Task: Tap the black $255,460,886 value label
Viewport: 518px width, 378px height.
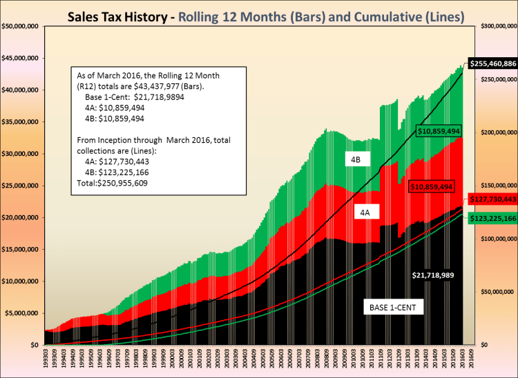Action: point(492,63)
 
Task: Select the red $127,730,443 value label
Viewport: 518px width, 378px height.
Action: point(492,199)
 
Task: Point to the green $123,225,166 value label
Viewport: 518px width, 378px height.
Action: point(492,218)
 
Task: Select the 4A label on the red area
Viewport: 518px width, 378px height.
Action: point(364,214)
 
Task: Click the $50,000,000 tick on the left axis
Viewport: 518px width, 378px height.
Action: point(21,26)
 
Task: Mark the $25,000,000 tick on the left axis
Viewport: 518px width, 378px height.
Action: point(21,186)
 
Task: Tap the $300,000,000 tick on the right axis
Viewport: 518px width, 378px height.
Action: point(495,26)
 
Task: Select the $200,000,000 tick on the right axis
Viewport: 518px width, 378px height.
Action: point(495,132)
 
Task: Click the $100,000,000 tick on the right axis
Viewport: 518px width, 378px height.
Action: point(495,239)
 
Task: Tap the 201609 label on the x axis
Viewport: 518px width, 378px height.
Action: point(471,359)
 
